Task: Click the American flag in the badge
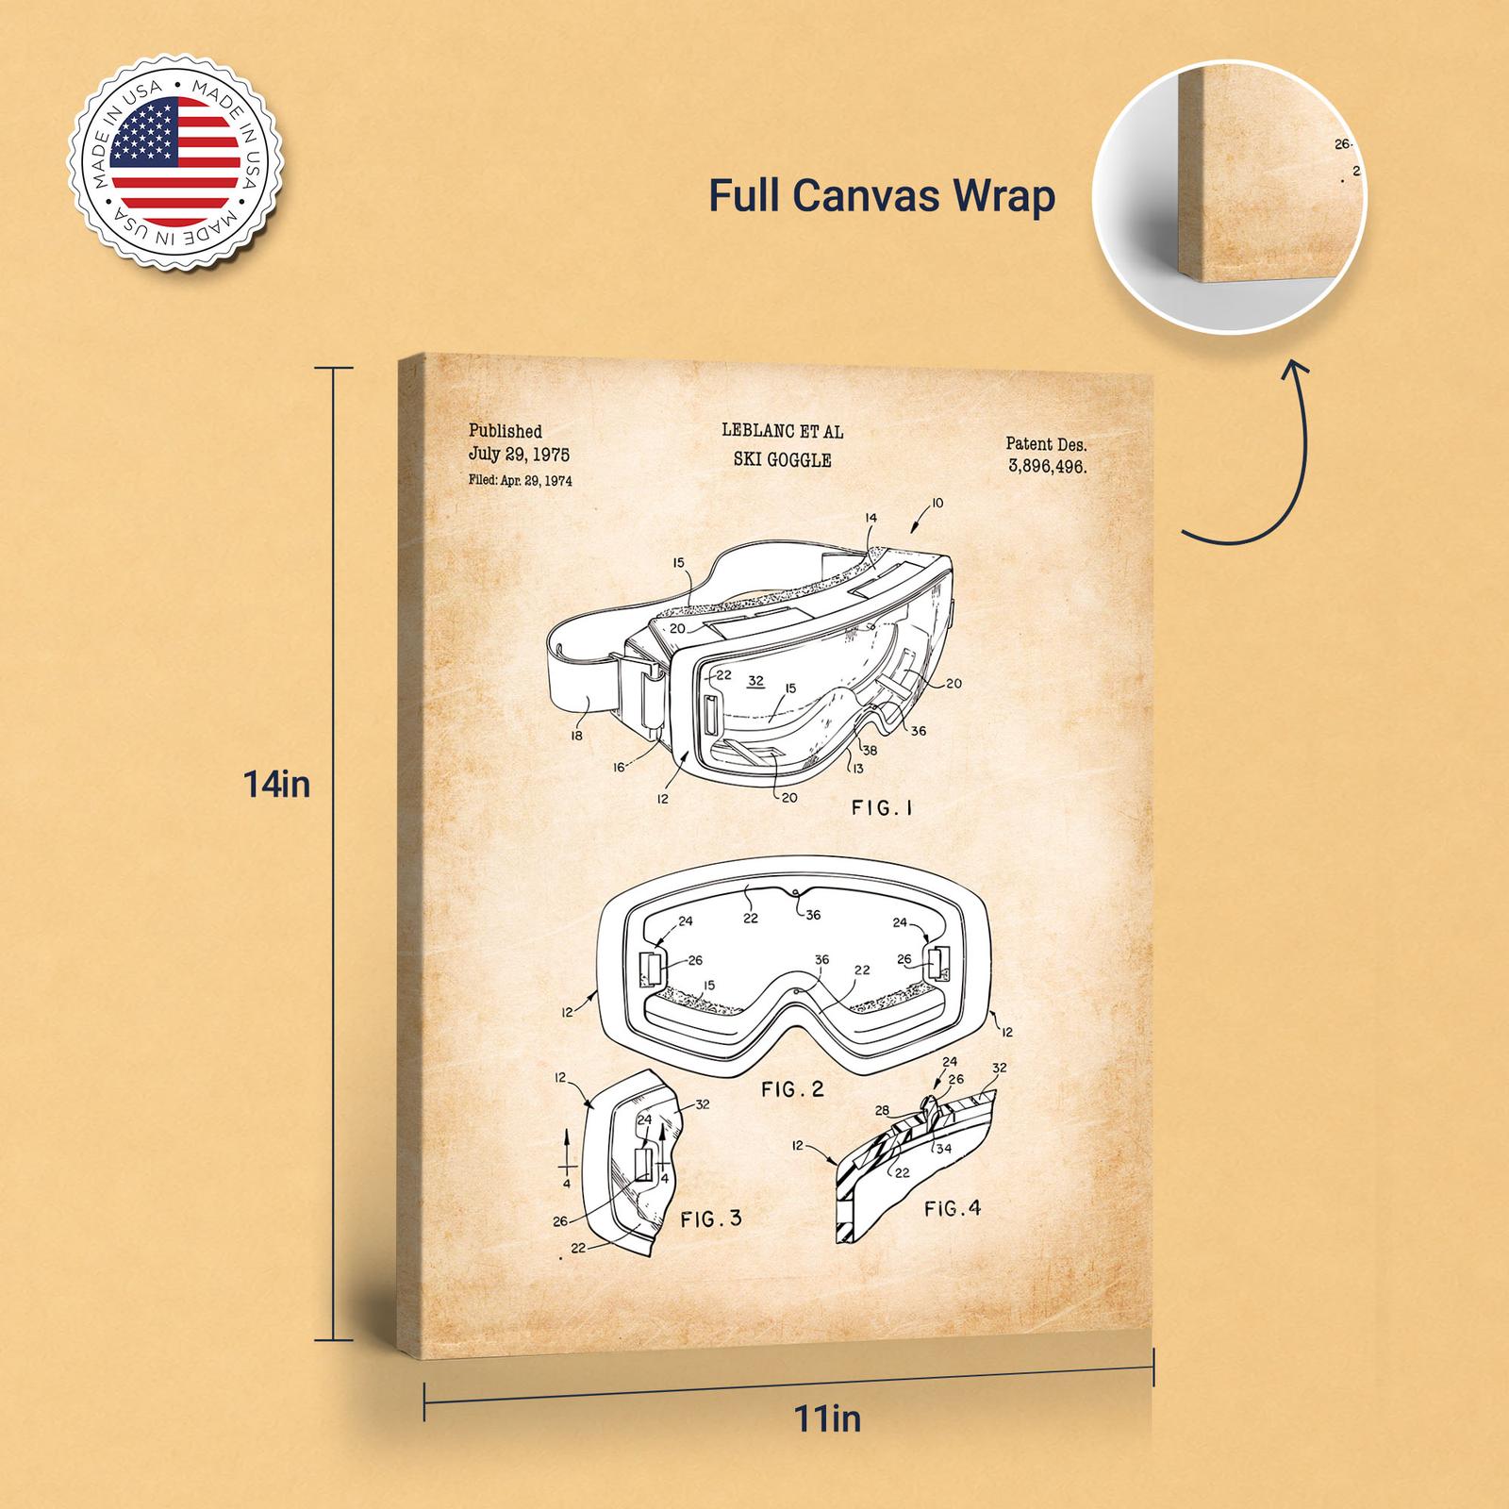tap(175, 166)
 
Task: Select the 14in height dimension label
tap(277, 785)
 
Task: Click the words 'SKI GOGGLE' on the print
tap(782, 460)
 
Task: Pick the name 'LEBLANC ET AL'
tap(783, 432)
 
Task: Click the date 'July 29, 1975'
tap(519, 455)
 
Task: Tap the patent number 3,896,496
tap(1047, 466)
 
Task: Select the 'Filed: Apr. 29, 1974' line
tap(520, 480)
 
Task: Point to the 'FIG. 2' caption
tap(792, 1089)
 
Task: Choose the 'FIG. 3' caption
tap(711, 1219)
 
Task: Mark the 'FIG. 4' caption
tap(953, 1207)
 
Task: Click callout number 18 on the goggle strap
tap(576, 735)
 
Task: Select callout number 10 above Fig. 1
tap(936, 505)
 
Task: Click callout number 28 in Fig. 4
tap(883, 1110)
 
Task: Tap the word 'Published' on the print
tap(506, 431)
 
